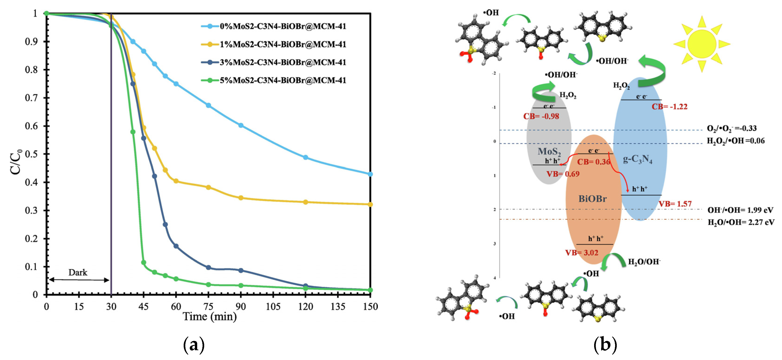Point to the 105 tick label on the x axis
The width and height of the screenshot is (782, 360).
pyautogui.click(x=273, y=307)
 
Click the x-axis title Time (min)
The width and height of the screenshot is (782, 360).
pyautogui.click(x=210, y=317)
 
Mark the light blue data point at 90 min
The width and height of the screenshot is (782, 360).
pyautogui.click(x=241, y=125)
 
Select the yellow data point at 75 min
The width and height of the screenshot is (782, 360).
pyautogui.click(x=208, y=187)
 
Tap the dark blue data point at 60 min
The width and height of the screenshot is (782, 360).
pyautogui.click(x=176, y=246)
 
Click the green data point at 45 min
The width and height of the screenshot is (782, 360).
pyautogui.click(x=144, y=262)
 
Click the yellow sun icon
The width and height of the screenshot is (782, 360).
pyautogui.click(x=702, y=44)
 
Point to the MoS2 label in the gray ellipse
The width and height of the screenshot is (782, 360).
pyautogui.click(x=549, y=151)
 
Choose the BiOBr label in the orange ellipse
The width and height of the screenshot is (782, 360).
pyautogui.click(x=592, y=199)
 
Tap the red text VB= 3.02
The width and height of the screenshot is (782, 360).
pyautogui.click(x=581, y=253)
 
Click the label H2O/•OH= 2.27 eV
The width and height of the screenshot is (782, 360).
pyautogui.click(x=741, y=222)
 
